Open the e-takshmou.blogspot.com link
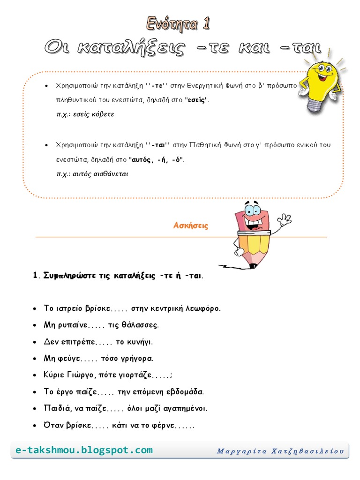click(x=84, y=450)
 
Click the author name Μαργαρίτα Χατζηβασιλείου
click(x=280, y=451)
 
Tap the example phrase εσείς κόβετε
click(x=85, y=114)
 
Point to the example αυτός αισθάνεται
click(x=92, y=174)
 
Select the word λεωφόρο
click(x=203, y=308)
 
